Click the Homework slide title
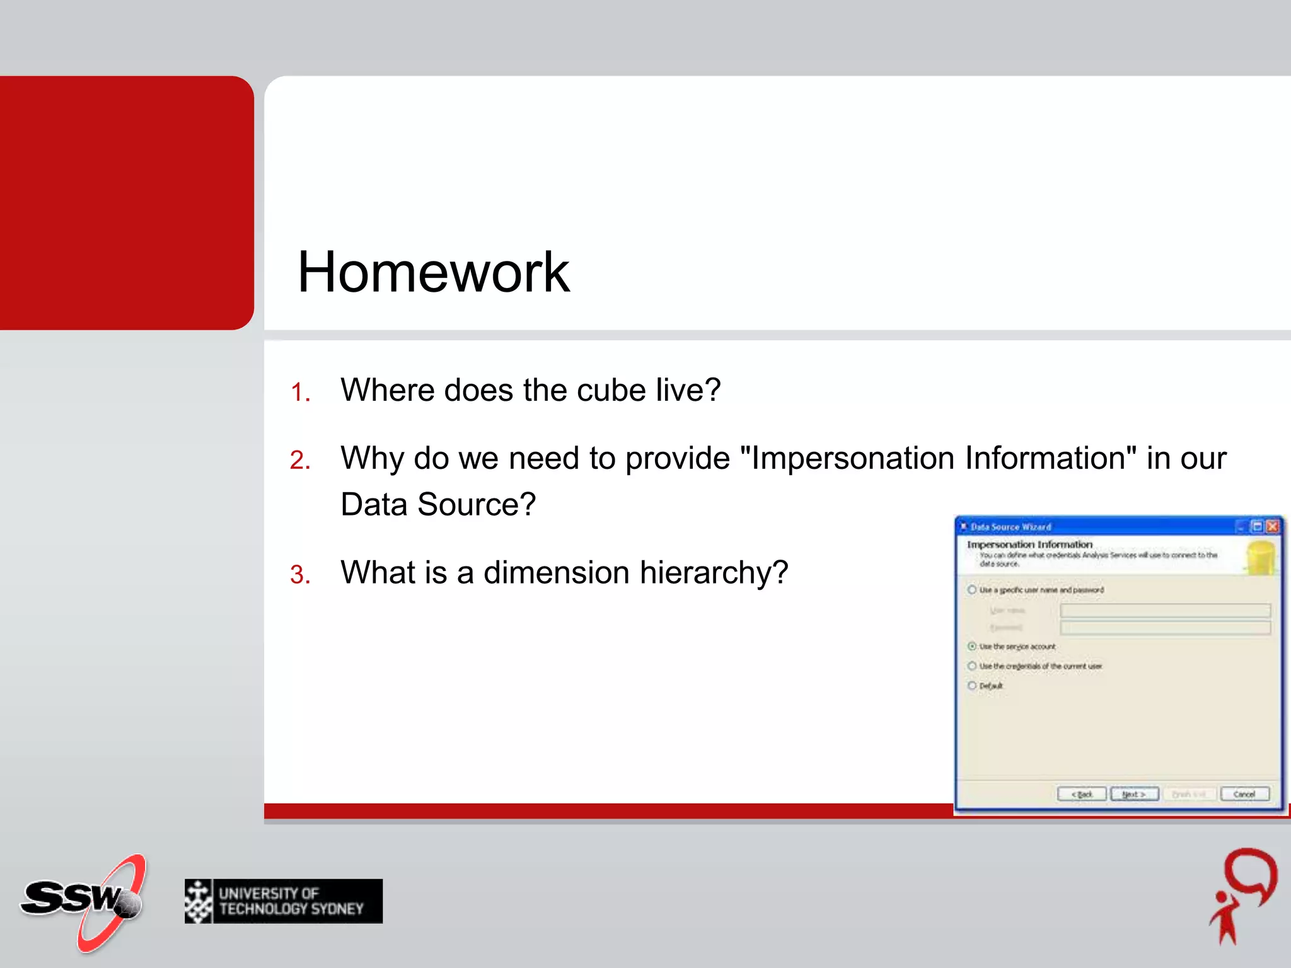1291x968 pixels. (x=433, y=272)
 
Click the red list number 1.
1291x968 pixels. (x=300, y=393)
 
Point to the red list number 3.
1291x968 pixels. (x=300, y=575)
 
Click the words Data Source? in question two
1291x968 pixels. (x=438, y=505)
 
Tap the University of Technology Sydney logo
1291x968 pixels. (x=284, y=901)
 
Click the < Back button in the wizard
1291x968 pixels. (x=1082, y=794)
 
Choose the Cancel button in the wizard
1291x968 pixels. (x=1244, y=794)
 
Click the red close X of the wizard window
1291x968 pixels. (x=1272, y=526)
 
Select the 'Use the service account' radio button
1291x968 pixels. (x=972, y=647)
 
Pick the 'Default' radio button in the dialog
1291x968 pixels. (x=972, y=686)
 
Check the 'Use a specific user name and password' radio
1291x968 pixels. (x=972, y=590)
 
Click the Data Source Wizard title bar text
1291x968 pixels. (x=1010, y=527)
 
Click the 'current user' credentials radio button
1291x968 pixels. (x=972, y=666)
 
